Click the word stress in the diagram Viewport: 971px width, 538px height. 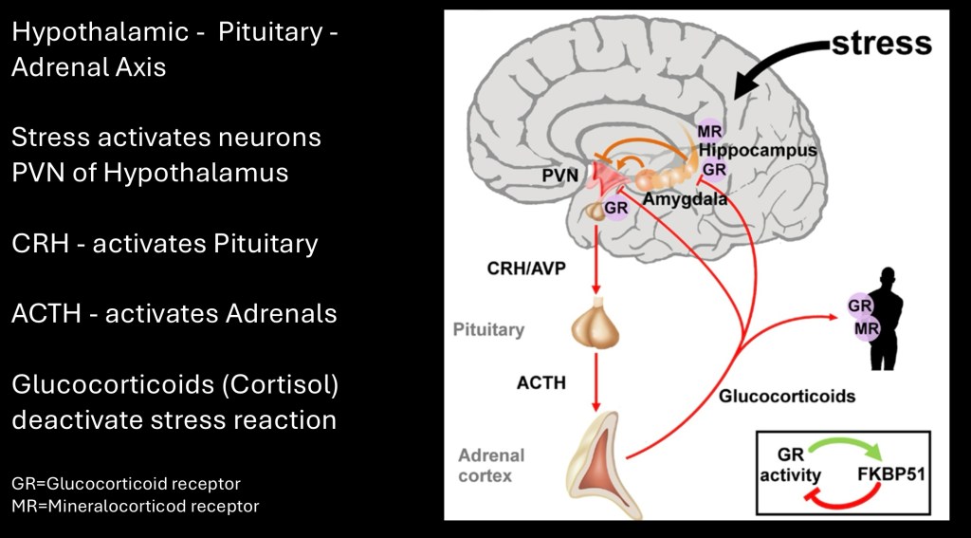[x=881, y=44]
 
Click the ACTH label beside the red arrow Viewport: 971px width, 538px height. [x=541, y=383]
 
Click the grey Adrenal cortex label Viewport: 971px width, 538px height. [x=491, y=466]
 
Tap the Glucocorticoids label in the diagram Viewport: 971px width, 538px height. [x=786, y=396]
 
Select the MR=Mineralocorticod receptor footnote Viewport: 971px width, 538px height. [x=135, y=506]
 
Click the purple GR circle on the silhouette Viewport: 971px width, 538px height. [x=860, y=306]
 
